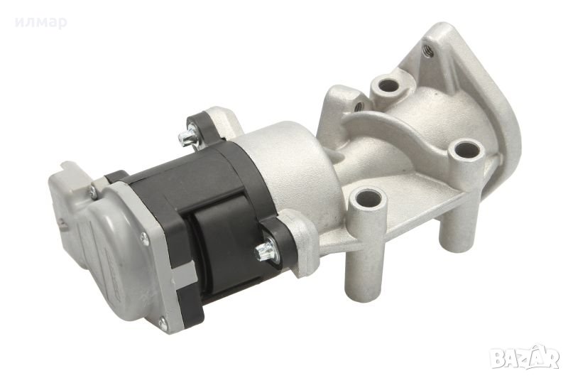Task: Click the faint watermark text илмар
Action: [41, 23]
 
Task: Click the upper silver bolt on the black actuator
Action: [189, 137]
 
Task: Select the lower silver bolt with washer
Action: [266, 250]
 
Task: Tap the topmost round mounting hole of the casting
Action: [388, 86]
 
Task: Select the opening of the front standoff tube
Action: [368, 198]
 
